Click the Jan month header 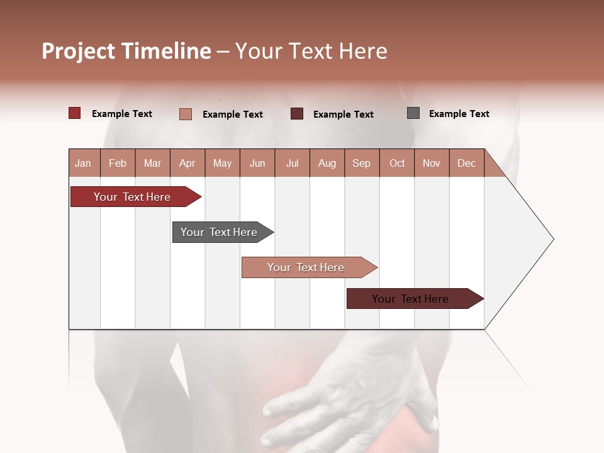(x=83, y=163)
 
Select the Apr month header (x=187, y=163)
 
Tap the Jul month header (x=292, y=163)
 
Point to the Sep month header (x=361, y=163)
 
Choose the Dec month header (x=466, y=163)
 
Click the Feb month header (x=118, y=163)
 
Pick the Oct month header (x=397, y=163)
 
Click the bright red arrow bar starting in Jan (x=132, y=197)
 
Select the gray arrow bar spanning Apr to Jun (x=219, y=232)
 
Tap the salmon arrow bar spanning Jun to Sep (x=306, y=267)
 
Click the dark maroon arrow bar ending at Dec (x=410, y=299)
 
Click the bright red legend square (x=75, y=113)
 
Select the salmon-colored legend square (x=186, y=114)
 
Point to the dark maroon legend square (x=297, y=114)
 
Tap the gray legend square (x=413, y=113)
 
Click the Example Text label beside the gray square (x=459, y=114)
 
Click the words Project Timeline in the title (x=126, y=51)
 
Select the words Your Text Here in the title (x=311, y=51)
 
